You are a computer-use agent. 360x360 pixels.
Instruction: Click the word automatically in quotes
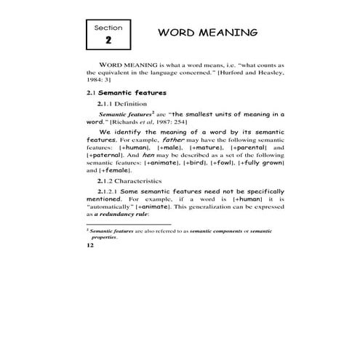tap(108, 205)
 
